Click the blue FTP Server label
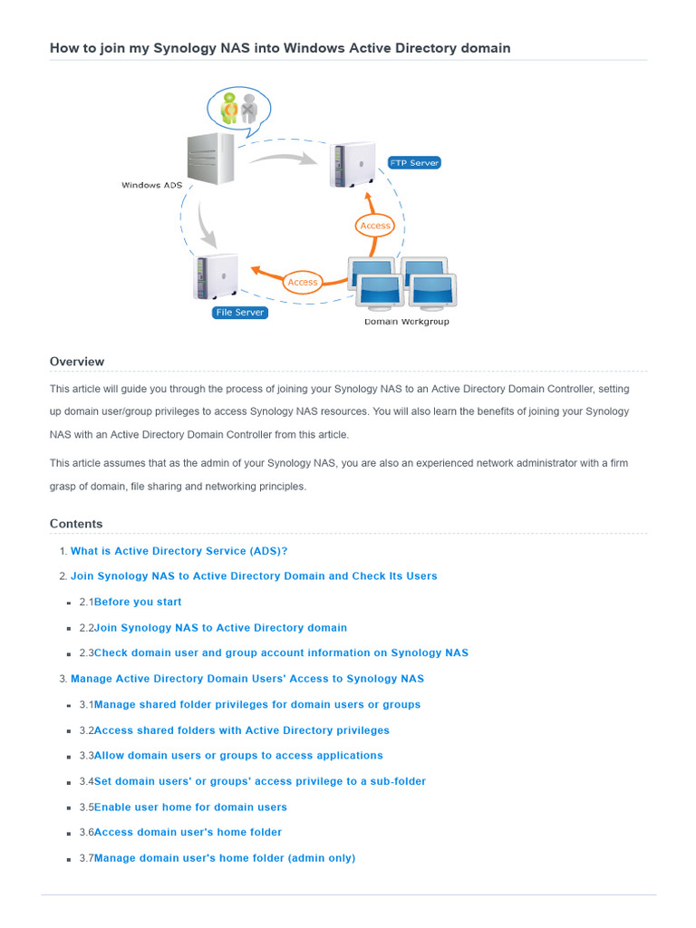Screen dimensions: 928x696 click(x=413, y=163)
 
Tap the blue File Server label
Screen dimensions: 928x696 click(x=239, y=313)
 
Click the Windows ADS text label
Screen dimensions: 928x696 click(x=153, y=186)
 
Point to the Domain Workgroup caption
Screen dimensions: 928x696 click(x=406, y=322)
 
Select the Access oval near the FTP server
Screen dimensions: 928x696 click(x=375, y=226)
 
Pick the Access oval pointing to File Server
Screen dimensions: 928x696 click(x=303, y=282)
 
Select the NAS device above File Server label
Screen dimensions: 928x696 click(x=216, y=276)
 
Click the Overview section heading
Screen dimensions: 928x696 click(x=77, y=362)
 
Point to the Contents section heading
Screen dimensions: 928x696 click(x=76, y=524)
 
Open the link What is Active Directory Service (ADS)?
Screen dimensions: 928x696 click(x=179, y=551)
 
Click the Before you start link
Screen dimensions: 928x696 click(x=138, y=602)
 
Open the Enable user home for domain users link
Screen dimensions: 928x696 click(x=190, y=807)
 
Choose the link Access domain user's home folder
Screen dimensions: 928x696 click(x=188, y=832)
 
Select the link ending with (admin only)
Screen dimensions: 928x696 click(x=225, y=858)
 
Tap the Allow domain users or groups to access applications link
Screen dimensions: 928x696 click(x=238, y=756)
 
